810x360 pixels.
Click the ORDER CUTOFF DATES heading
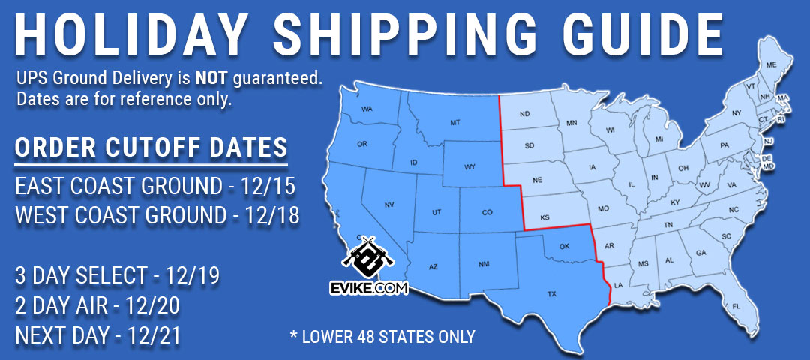click(151, 146)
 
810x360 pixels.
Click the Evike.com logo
click(367, 266)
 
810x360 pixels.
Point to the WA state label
click(367, 109)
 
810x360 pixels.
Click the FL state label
click(736, 306)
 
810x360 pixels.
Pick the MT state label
click(454, 121)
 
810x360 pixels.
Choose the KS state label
click(545, 218)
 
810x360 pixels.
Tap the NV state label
click(389, 205)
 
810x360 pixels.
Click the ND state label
click(525, 115)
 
